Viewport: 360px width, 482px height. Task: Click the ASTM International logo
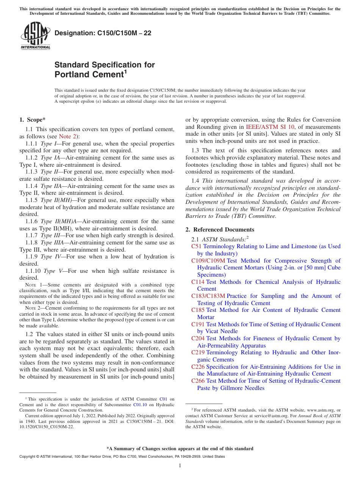pyautogui.click(x=35, y=36)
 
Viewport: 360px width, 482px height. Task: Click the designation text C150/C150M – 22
pyautogui.click(x=103, y=33)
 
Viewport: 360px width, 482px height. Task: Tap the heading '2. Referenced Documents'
pyautogui.click(x=220, y=230)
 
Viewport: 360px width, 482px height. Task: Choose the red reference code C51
pyautogui.click(x=196, y=246)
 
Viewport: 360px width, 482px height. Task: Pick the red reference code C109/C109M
pyautogui.click(x=208, y=261)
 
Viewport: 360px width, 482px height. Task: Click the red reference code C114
pyautogui.click(x=198, y=282)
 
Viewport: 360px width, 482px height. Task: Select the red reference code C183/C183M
pyautogui.click(x=208, y=296)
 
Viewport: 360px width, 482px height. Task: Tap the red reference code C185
pyautogui.click(x=198, y=310)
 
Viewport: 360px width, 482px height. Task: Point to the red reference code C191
pyautogui.click(x=198, y=324)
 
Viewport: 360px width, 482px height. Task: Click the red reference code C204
pyautogui.click(x=198, y=338)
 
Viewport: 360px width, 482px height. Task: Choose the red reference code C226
pyautogui.click(x=198, y=367)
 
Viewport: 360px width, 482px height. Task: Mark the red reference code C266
pyautogui.click(x=198, y=381)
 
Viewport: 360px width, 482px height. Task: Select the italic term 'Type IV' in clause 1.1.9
pyautogui.click(x=50, y=257)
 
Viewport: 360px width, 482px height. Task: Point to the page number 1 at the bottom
pyautogui.click(x=180, y=465)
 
